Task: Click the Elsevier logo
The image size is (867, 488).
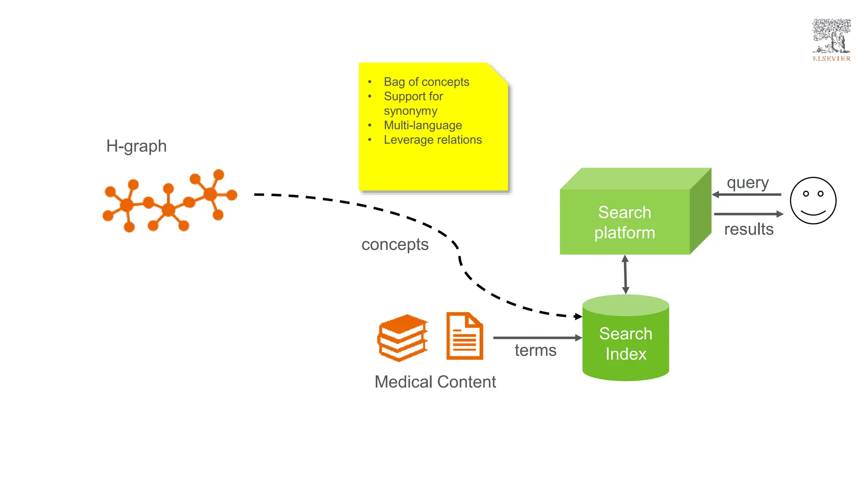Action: coord(831,40)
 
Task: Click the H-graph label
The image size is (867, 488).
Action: coord(136,146)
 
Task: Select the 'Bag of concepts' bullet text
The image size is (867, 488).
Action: coord(426,82)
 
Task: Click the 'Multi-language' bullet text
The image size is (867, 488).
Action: coord(422,125)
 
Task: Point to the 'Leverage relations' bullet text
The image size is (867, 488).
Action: coord(433,140)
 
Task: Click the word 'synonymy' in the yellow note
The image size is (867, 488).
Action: coord(410,111)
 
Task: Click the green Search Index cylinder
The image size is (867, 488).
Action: coord(626,343)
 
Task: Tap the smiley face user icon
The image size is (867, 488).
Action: coord(813,200)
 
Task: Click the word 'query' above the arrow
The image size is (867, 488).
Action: coord(748,183)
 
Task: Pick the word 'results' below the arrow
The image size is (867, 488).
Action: coord(748,230)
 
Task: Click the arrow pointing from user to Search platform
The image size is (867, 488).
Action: coord(747,194)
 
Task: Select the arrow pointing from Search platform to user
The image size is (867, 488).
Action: coord(748,214)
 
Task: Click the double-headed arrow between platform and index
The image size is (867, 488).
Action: coord(625,274)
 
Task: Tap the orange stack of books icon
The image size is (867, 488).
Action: coord(403,338)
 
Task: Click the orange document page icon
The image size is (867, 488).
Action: coord(464,336)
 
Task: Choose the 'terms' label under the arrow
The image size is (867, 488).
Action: coord(536,351)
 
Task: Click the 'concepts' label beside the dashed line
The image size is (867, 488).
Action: coord(395,245)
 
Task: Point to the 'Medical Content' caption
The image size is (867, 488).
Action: coord(435,382)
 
